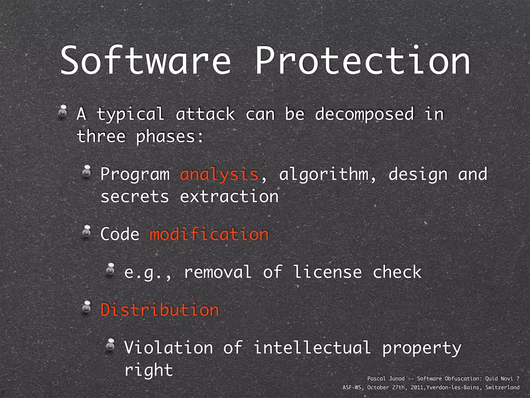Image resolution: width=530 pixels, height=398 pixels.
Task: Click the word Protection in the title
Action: pos(362,61)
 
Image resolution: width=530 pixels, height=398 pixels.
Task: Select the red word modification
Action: pos(209,234)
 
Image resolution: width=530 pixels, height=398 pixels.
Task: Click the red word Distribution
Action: pos(160,310)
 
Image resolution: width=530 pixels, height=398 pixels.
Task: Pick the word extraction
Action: pos(229,196)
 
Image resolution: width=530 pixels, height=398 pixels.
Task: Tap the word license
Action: pos(327,272)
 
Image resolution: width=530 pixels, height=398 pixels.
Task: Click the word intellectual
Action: pos(312,348)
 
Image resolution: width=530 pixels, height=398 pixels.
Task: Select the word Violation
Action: pos(168,348)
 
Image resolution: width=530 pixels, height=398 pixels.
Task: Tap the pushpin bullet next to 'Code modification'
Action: pos(87,231)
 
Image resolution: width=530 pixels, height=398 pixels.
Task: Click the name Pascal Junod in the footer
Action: pos(386,379)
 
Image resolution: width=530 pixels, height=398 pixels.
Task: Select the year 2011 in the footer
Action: pos(417,387)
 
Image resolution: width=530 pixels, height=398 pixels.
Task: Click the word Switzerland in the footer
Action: pos(502,387)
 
